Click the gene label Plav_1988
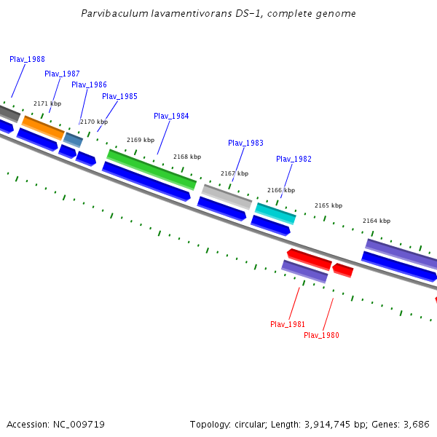(x=27, y=59)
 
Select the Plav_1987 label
(x=62, y=74)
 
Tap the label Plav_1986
(x=89, y=84)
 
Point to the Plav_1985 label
(x=119, y=96)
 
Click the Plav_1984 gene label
(x=171, y=116)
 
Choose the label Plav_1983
(x=245, y=143)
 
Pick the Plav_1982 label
(x=294, y=159)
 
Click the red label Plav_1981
(x=288, y=324)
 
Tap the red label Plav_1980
(x=321, y=335)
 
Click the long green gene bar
(x=151, y=169)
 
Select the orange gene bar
(x=43, y=127)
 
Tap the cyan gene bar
(x=275, y=213)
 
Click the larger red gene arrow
(x=310, y=258)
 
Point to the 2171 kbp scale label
(x=47, y=103)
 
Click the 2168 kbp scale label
(x=187, y=157)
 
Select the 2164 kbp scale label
(x=377, y=221)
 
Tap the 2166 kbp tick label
(x=281, y=190)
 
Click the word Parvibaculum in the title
(x=115, y=13)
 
